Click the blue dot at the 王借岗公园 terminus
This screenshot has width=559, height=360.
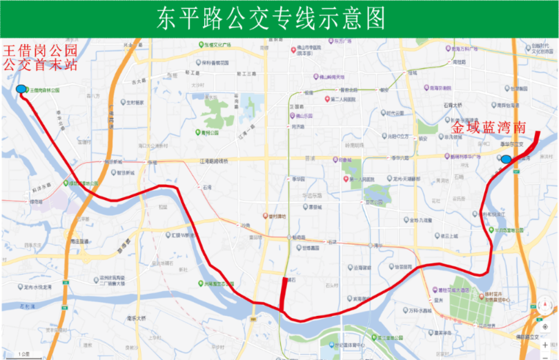(x=21, y=88)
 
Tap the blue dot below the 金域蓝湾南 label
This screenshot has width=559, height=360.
(x=506, y=159)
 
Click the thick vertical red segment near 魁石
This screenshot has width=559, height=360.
(x=284, y=293)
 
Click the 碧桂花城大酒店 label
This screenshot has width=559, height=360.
(x=451, y=290)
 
